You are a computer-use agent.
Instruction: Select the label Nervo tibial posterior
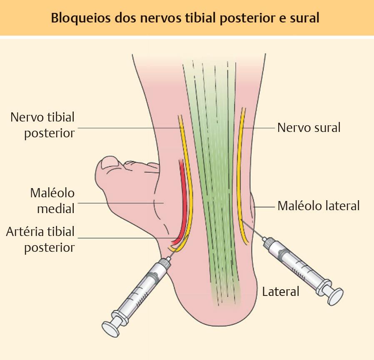(x=43, y=125)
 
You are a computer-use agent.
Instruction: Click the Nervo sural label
(x=309, y=127)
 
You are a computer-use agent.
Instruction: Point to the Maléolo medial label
(x=52, y=200)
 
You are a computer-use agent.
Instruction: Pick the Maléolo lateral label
(x=318, y=205)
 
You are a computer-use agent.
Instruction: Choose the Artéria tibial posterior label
(x=40, y=239)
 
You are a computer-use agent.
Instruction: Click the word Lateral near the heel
(x=280, y=291)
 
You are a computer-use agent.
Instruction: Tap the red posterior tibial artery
(x=183, y=196)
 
